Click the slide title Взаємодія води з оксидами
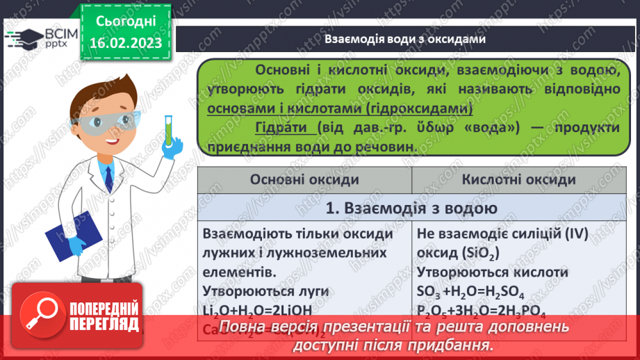[x=404, y=39]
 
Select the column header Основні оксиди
[x=304, y=179]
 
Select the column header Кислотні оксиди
[x=518, y=179]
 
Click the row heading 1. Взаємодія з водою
[x=411, y=208]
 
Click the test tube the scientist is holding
[x=167, y=129]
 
